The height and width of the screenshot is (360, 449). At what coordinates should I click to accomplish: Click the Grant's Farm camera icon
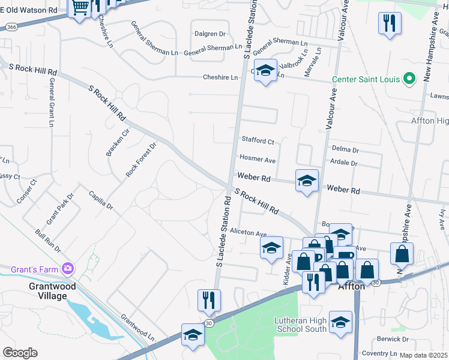point(68,268)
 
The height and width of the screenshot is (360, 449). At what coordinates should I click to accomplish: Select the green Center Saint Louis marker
point(410,79)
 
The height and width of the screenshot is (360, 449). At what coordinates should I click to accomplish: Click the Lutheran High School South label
point(300,325)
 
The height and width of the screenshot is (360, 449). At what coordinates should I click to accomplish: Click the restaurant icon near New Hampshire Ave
point(390,24)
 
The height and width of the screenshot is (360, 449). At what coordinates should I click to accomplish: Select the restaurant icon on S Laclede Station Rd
point(209,300)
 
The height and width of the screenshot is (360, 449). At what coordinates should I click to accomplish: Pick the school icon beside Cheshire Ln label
point(265,71)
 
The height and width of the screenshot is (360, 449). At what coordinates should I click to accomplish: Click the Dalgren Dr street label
point(209,34)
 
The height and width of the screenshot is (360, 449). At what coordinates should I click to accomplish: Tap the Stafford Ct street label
point(258,141)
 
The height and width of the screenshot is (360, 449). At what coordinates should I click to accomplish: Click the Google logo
point(20,353)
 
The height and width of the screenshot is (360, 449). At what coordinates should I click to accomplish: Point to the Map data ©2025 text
point(424,355)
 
